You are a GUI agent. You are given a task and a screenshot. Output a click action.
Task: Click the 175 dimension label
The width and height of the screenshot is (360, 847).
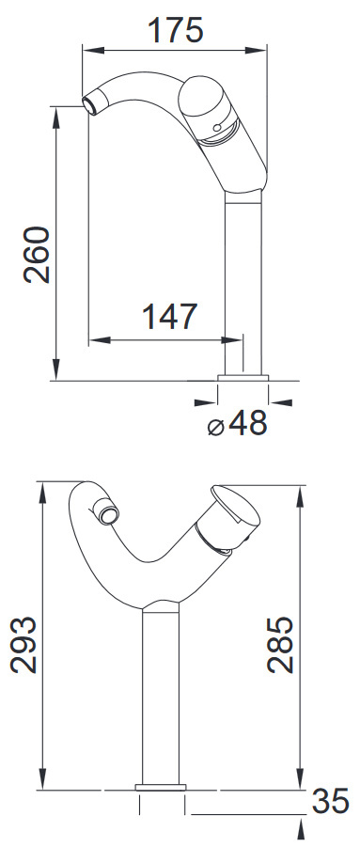[x=176, y=30]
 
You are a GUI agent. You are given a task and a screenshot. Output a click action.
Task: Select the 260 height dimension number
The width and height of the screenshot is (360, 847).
[x=38, y=255]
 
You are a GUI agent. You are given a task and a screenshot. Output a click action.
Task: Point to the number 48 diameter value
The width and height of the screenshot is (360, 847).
[x=248, y=423]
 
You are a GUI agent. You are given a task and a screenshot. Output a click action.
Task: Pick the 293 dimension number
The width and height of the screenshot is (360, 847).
[x=23, y=645]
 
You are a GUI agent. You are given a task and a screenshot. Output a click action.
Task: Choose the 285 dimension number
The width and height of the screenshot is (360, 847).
[x=281, y=645]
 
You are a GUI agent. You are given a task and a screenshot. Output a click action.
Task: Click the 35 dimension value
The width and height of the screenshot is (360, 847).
[x=330, y=801]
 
